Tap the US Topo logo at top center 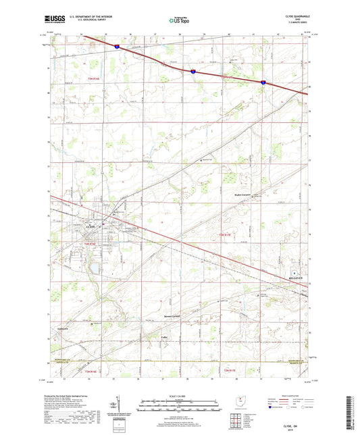coord(179,21)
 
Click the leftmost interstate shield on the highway coord(116,47)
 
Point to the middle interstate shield coord(192,69)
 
